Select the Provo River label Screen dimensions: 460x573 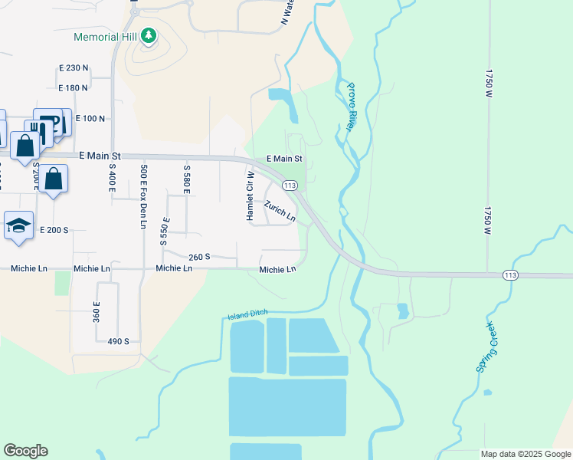[349, 107]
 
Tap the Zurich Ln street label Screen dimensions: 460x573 [280, 211]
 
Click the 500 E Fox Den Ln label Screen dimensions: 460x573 [142, 195]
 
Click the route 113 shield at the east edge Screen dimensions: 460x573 [511, 274]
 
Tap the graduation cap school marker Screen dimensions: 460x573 [18, 225]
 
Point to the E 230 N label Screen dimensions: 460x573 [74, 68]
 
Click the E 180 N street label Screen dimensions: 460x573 [74, 88]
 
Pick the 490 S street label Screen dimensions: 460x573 [118, 341]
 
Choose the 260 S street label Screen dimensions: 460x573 [199, 257]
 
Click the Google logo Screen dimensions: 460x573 [25, 451]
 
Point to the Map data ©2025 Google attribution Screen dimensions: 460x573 [526, 454]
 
